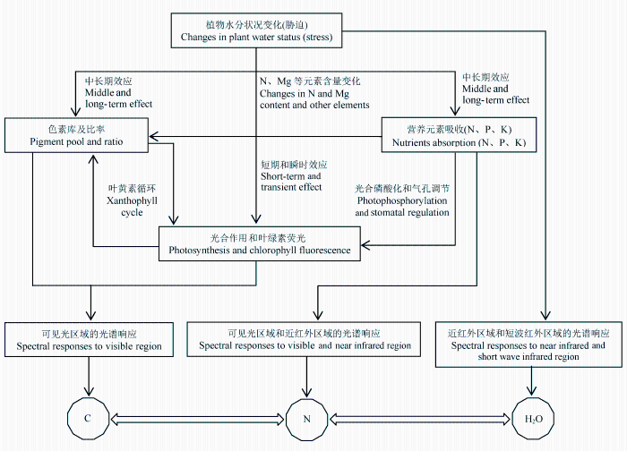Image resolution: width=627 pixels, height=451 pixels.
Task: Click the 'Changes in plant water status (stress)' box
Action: coord(256,30)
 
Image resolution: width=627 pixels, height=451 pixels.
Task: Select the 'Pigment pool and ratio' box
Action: coord(76,135)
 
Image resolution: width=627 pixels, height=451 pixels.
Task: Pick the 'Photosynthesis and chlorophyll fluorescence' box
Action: coord(260,243)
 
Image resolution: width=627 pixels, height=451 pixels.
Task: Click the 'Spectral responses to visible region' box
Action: coord(89,339)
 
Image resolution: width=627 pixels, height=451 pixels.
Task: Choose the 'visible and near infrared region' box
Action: coord(304,339)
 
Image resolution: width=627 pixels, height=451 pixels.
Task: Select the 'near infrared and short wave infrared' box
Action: coord(528,344)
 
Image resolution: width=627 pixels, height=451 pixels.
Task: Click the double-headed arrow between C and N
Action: coord(198,419)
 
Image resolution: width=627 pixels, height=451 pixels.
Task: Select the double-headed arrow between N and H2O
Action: coord(420,419)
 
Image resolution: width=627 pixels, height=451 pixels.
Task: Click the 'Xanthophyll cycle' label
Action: coord(132,200)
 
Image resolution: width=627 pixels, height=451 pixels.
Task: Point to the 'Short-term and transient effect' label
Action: coord(294,175)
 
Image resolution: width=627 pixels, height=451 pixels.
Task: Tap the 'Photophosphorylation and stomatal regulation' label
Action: coord(402,200)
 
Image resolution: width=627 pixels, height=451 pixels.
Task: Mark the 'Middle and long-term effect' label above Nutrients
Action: coord(496,89)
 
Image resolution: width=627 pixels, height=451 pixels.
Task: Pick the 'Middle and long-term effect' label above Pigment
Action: coord(118,93)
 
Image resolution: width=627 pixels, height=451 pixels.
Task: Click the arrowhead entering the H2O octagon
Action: coord(531,391)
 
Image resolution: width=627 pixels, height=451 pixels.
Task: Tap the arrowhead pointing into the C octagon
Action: coord(89,391)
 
